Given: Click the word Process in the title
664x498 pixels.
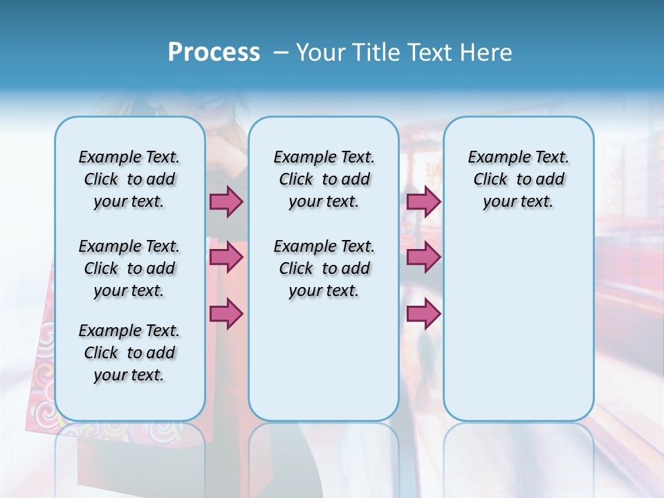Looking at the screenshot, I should tap(214, 53).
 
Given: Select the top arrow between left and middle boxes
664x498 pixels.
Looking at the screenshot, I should tap(226, 201).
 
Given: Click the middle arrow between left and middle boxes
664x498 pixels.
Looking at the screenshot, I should tap(226, 257).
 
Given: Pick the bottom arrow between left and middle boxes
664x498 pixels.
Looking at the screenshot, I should tap(226, 313).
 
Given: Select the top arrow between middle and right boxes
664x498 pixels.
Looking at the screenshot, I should tap(423, 201).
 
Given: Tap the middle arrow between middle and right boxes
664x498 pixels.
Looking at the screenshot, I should tap(423, 257).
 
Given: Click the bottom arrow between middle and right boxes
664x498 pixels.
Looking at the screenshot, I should tap(423, 313).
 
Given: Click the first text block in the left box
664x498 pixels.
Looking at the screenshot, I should tap(129, 179).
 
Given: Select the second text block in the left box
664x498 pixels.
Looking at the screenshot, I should tap(129, 268).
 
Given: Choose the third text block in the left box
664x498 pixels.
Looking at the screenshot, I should tap(129, 353).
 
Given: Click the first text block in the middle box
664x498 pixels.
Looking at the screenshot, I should tap(324, 179).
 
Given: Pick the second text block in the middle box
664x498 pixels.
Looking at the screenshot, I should tap(324, 268).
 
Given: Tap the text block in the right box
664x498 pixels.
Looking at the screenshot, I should tap(518, 179).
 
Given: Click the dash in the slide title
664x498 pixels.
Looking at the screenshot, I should tap(281, 53).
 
